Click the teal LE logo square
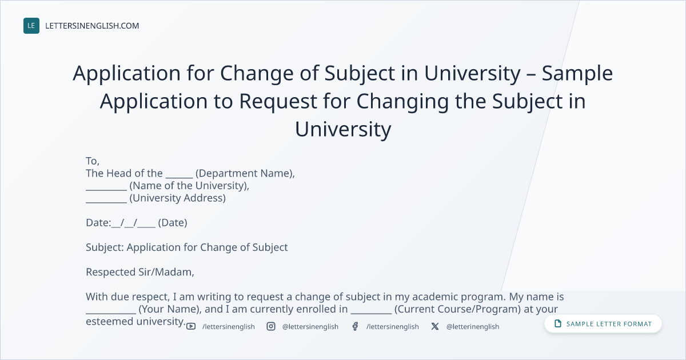[x=31, y=26]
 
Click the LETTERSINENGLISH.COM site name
[x=92, y=26]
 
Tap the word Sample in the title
[x=577, y=74]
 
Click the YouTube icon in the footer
[x=191, y=326]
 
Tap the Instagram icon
[x=271, y=326]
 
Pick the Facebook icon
[x=355, y=326]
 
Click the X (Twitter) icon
[x=435, y=326]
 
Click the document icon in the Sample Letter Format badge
[x=558, y=323]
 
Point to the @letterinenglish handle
[x=473, y=327]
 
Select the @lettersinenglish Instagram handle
[x=310, y=327]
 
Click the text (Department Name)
[x=245, y=174]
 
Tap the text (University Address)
[x=178, y=198]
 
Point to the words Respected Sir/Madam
[x=140, y=272]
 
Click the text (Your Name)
[x=170, y=309]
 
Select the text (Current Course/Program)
[x=457, y=309]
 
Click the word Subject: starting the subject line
[x=105, y=247]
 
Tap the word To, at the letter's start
[x=93, y=161]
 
